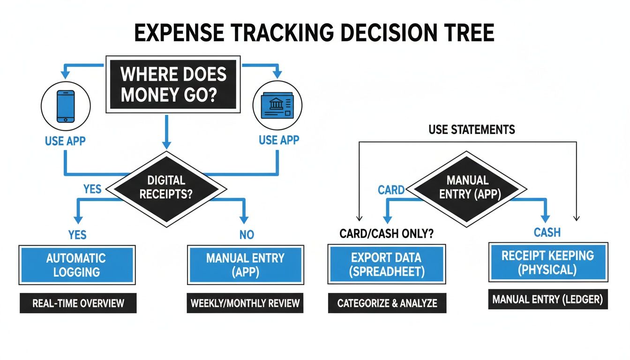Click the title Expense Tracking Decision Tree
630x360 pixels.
[x=315, y=34]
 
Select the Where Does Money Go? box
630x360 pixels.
[x=173, y=84]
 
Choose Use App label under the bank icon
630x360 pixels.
[x=279, y=140]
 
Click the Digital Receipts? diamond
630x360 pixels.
[x=166, y=187]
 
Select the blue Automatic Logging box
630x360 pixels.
[x=76, y=265]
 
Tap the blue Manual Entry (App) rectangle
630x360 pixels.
[x=246, y=265]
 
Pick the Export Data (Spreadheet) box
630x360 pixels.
[x=386, y=265]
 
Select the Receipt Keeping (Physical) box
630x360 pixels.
[x=547, y=262]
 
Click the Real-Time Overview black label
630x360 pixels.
[x=78, y=303]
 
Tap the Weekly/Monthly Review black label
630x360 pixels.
[x=245, y=303]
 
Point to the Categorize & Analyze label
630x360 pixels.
[x=387, y=303]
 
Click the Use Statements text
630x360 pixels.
[x=472, y=129]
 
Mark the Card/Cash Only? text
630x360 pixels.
[x=386, y=233]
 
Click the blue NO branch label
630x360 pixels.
[x=247, y=234]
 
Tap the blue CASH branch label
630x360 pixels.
[x=547, y=232]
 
